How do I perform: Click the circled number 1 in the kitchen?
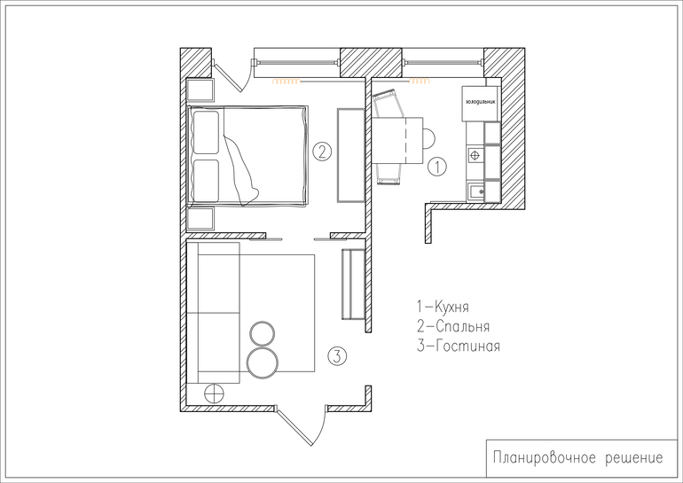(437, 167)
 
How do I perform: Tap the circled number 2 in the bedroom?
(322, 152)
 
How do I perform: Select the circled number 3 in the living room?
(337, 356)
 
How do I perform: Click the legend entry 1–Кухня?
(443, 307)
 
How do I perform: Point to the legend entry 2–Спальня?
(453, 326)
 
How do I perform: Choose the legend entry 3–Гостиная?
(459, 346)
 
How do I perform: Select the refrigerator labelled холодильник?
(481, 103)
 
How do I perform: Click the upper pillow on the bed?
(205, 133)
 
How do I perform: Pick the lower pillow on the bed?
(205, 181)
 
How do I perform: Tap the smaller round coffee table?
(263, 334)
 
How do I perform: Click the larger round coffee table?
(263, 362)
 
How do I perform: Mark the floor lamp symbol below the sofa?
(214, 393)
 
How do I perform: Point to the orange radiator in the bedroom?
(287, 81)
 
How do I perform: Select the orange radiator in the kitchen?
(420, 81)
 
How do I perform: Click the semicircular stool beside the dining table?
(429, 139)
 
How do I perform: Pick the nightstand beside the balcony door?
(200, 90)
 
